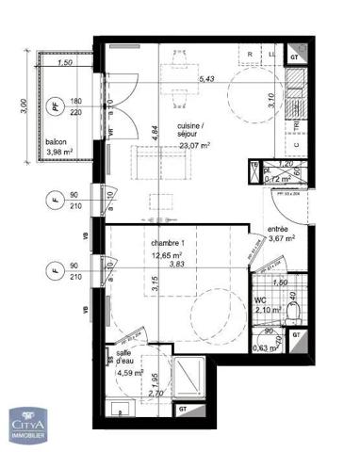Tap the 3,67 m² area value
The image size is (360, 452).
(282, 239)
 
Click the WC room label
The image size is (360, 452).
(261, 301)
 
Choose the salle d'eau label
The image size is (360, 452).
(125, 356)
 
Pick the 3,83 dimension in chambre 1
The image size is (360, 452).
(176, 265)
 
